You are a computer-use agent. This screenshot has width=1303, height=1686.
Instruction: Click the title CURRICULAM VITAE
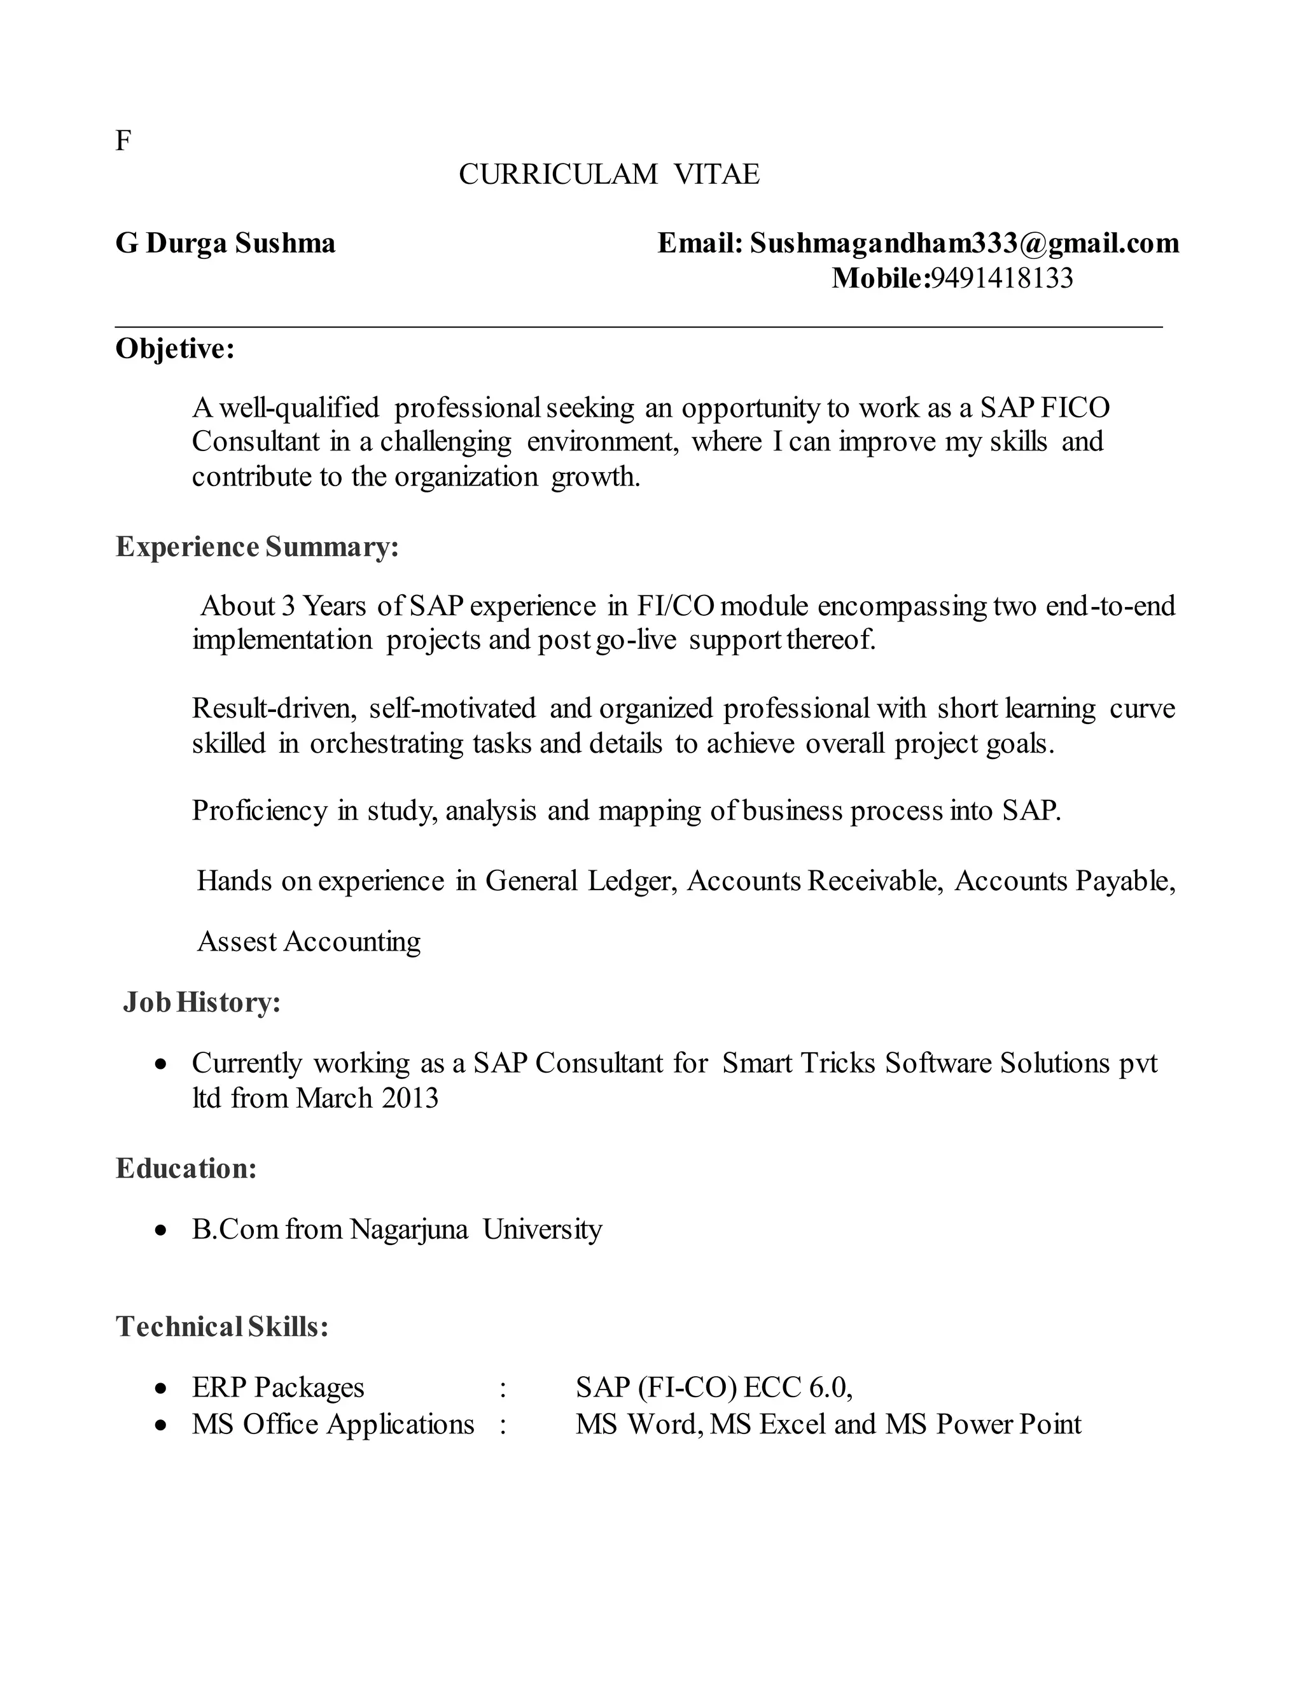[609, 174]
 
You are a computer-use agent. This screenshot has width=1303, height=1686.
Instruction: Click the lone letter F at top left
[123, 141]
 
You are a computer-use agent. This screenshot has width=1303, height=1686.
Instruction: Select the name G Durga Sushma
[225, 243]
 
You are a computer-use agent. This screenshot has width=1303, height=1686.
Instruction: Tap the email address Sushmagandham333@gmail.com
[964, 243]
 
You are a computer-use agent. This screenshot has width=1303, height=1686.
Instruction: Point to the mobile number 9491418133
[1001, 278]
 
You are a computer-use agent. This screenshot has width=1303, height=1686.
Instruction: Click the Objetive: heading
[175, 349]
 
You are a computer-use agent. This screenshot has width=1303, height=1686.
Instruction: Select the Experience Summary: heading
[257, 547]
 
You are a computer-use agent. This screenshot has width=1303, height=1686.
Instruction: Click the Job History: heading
[202, 1002]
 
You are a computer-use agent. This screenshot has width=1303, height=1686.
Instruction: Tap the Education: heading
[186, 1168]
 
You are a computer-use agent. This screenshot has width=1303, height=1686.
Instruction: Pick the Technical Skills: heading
[222, 1327]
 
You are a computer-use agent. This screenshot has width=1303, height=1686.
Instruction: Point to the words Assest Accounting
[309, 942]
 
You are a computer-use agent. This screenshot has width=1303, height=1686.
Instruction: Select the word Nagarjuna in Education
[409, 1229]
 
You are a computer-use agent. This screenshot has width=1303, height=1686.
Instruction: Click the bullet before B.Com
[160, 1230]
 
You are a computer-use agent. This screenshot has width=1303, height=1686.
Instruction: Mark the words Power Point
[1008, 1423]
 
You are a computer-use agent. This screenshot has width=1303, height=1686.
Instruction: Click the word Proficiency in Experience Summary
[260, 811]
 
